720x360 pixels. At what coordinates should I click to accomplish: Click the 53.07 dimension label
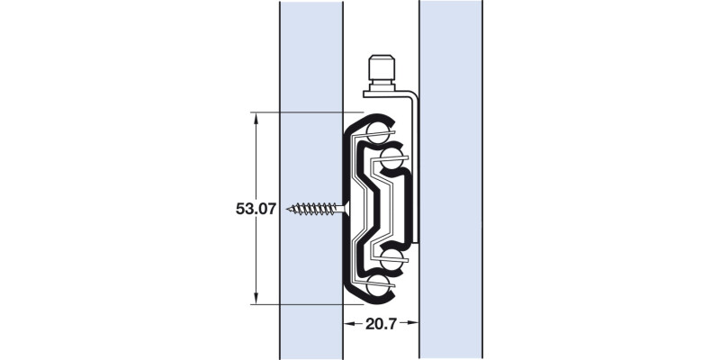point(256,209)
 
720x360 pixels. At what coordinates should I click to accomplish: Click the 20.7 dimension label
point(381,324)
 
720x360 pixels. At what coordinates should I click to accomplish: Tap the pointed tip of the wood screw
point(287,210)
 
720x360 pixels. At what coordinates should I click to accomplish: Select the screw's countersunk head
point(346,209)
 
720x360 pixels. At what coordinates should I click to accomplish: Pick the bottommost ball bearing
point(377,286)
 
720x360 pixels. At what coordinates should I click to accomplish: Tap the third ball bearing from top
point(391,260)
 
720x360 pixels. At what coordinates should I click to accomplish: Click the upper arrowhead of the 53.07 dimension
point(256,118)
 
